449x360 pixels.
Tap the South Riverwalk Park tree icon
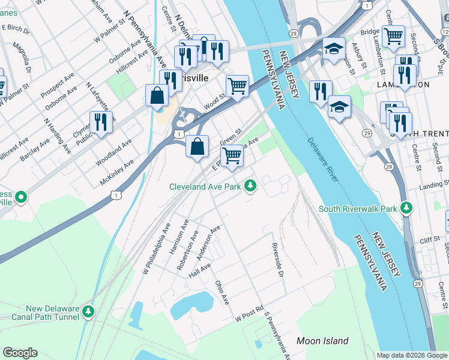(x=408, y=208)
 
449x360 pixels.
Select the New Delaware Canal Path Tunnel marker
(x=89, y=311)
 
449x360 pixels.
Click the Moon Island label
(x=322, y=341)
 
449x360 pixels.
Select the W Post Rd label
(x=250, y=314)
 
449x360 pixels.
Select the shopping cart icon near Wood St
(x=238, y=86)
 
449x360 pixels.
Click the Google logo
(x=20, y=353)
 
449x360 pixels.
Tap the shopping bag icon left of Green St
(x=197, y=146)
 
